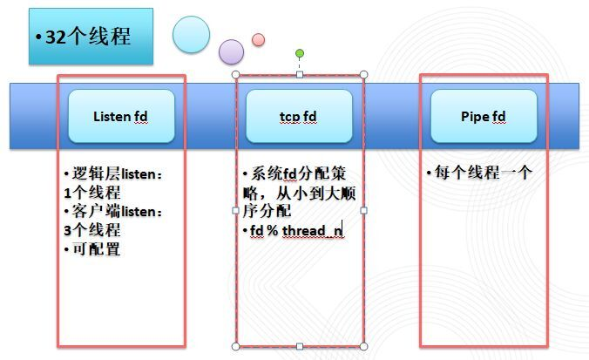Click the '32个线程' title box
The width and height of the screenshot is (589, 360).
pos(91,37)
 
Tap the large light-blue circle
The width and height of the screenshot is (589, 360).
pos(191,34)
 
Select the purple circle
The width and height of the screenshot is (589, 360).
pos(231,51)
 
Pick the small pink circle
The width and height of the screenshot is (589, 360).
pos(258,39)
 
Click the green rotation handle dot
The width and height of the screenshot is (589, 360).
pos(300,53)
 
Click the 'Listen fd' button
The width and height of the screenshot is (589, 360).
pos(121,116)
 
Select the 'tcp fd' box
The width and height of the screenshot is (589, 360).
pos(299,116)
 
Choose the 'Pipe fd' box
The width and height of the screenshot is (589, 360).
pos(484,116)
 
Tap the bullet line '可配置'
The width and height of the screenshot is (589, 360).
pos(95,249)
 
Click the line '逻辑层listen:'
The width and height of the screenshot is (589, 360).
pos(113,173)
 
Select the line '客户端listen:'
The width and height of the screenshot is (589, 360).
pos(113,212)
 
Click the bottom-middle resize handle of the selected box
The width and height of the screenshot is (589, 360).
pos(300,346)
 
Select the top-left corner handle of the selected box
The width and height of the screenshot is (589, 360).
pos(235,75)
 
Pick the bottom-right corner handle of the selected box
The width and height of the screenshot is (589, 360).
pos(364,346)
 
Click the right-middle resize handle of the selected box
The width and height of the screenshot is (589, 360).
pos(364,210)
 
